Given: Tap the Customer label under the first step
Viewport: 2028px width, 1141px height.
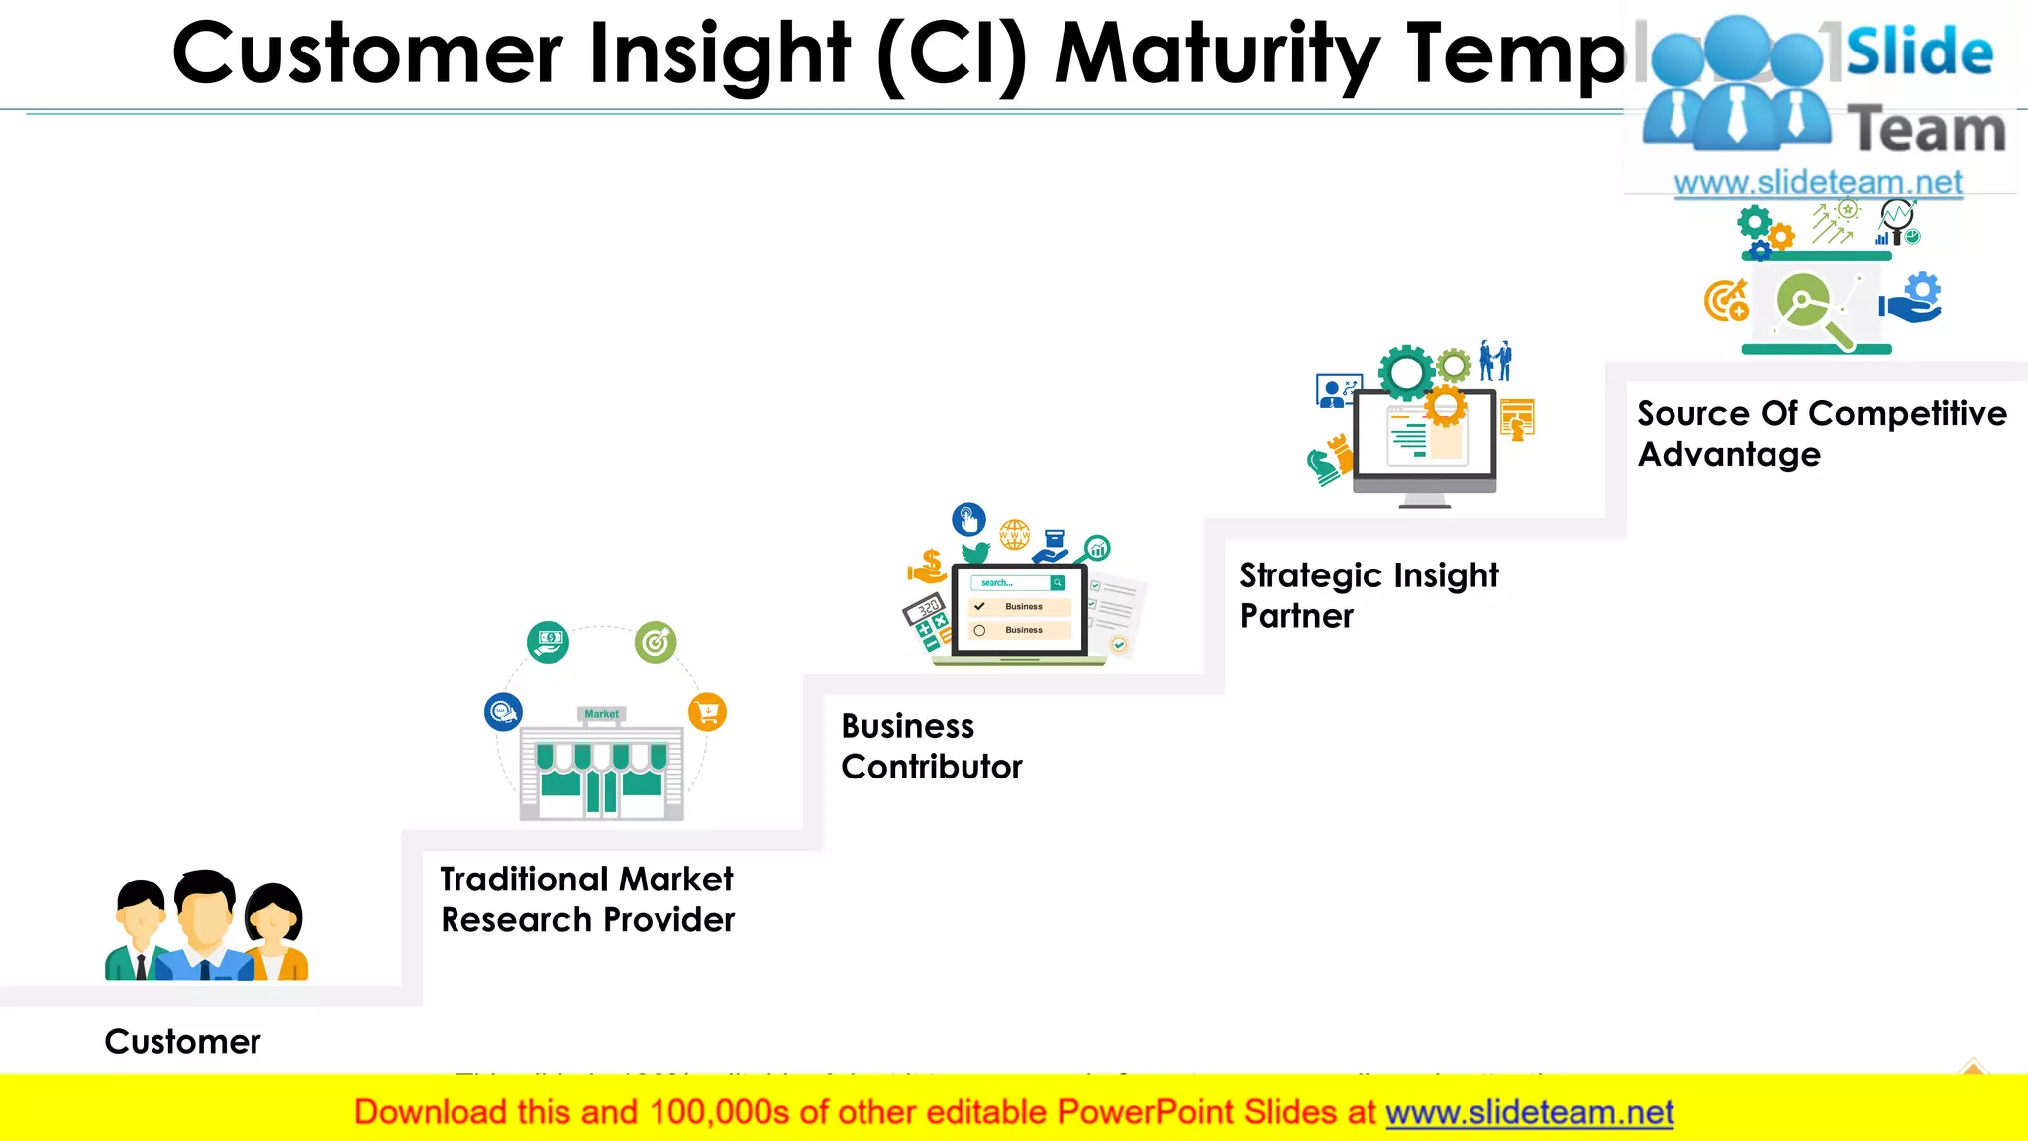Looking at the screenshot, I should pyautogui.click(x=182, y=1042).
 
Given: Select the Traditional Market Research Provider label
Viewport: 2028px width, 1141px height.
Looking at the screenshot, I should pyautogui.click(x=587, y=899).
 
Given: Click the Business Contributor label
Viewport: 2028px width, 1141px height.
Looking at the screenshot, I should pyautogui.click(x=931, y=746).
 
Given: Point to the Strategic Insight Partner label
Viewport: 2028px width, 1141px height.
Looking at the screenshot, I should pyautogui.click(x=1369, y=595).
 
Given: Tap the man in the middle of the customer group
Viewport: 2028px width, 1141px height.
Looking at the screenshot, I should pyautogui.click(x=205, y=921).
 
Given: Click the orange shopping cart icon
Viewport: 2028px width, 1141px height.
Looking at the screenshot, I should pyautogui.click(x=707, y=711).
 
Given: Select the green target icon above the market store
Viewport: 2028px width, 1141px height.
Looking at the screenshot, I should pyautogui.click(x=656, y=643).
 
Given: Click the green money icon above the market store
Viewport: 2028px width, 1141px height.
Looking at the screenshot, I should pyautogui.click(x=548, y=642).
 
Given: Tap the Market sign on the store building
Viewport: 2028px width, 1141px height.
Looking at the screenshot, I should pyautogui.click(x=601, y=714).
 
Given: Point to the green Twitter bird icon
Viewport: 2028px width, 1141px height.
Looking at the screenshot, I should pyautogui.click(x=975, y=551).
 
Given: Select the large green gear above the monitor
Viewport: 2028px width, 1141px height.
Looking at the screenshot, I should pyautogui.click(x=1405, y=373).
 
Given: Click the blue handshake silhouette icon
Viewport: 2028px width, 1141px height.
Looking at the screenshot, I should pyautogui.click(x=1495, y=361).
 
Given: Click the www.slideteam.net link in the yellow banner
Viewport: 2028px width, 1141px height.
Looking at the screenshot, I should pyautogui.click(x=1529, y=1113).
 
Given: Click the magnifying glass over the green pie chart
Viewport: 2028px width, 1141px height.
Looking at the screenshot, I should pyautogui.click(x=1813, y=309).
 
